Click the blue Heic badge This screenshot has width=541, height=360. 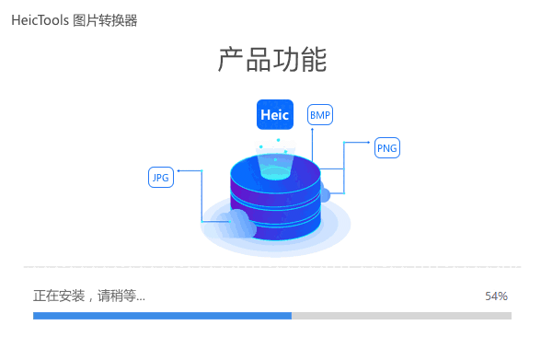coord(274,114)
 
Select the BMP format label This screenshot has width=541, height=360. coord(319,114)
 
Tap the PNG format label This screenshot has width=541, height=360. coord(387,148)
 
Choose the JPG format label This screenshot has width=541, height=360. coord(161,178)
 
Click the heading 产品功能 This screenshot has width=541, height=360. coord(272,61)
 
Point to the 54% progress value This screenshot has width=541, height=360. coord(496,296)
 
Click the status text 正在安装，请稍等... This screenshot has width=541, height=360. coord(88,296)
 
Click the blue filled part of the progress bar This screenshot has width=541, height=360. coord(162,316)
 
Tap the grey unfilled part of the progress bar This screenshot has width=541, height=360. coord(401,316)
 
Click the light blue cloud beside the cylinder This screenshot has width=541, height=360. coord(238,224)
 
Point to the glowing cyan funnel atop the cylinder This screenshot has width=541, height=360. coord(274,165)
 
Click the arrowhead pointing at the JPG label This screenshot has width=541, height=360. coord(178,170)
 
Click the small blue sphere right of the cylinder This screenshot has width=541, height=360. coord(323,194)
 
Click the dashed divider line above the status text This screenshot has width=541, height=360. coord(270,267)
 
